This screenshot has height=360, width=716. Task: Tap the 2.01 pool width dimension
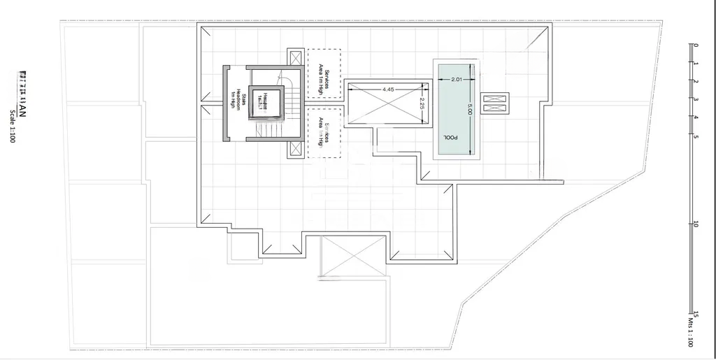pyautogui.click(x=457, y=79)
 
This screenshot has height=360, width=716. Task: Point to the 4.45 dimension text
pyautogui.click(x=389, y=89)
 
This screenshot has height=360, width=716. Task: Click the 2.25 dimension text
pyautogui.click(x=422, y=103)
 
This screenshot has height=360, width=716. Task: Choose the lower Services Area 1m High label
pyautogui.click(x=324, y=131)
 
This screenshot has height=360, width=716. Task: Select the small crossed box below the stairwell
pyautogui.click(x=296, y=149)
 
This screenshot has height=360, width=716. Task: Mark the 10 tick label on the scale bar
pyautogui.click(x=695, y=224)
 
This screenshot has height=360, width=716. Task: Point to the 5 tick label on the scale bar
pyautogui.click(x=695, y=136)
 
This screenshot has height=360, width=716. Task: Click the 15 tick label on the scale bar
pyautogui.click(x=695, y=313)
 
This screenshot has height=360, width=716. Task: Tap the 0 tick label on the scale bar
pyautogui.click(x=695, y=46)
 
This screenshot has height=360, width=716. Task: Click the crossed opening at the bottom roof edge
pyautogui.click(x=352, y=256)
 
